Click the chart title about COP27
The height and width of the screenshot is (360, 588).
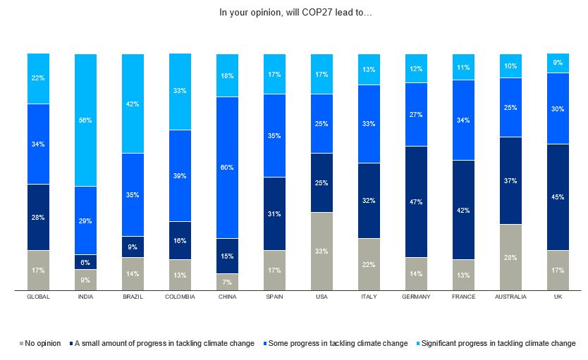point(293,12)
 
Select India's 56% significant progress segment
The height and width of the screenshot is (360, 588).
point(85,120)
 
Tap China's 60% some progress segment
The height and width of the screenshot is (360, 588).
point(227,167)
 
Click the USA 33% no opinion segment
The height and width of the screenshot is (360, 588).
point(321,251)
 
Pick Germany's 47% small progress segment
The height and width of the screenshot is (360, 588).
point(416,201)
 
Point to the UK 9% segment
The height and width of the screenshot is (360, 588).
point(558,63)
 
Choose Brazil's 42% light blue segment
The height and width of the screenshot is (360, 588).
point(133,103)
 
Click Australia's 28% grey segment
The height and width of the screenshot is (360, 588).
point(510,257)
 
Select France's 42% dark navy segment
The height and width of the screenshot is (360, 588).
point(463,209)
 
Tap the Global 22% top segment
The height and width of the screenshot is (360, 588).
point(38,78)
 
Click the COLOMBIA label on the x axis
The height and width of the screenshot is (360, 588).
point(180,297)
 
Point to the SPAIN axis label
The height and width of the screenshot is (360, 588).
point(274,297)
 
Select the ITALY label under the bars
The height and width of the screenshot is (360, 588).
point(369,297)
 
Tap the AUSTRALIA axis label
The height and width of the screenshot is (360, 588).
point(510,297)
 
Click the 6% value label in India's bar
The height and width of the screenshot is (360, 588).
point(85,261)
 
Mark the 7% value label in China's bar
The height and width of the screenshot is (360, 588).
point(227,282)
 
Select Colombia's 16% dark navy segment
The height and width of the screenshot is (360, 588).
point(180,240)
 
